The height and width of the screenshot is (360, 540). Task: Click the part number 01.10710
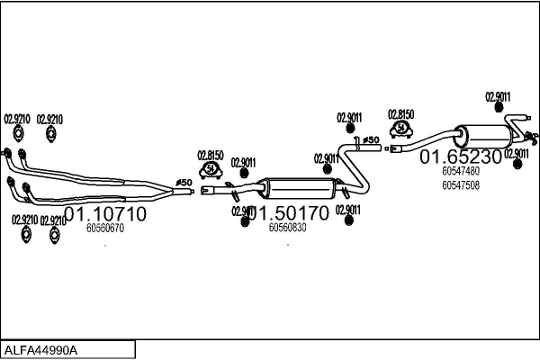pyautogui.click(x=106, y=214)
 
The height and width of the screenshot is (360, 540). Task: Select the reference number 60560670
pyautogui.click(x=104, y=229)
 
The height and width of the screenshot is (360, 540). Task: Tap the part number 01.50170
pyautogui.click(x=290, y=214)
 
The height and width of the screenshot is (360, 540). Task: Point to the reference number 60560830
pyautogui.click(x=287, y=228)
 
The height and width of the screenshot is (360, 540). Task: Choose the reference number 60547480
pyautogui.click(x=461, y=170)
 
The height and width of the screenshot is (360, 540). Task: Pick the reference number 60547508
pyautogui.click(x=461, y=185)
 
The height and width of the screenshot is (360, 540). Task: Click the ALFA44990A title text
pyautogui.click(x=41, y=349)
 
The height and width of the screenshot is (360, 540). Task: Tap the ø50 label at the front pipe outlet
pyautogui.click(x=184, y=183)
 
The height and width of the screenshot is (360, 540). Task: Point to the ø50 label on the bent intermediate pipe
pyautogui.click(x=369, y=140)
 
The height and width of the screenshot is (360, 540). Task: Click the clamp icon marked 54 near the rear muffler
pyautogui.click(x=400, y=130)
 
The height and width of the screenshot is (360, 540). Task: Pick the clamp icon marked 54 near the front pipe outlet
pyautogui.click(x=211, y=169)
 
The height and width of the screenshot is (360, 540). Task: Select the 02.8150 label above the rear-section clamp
pyautogui.click(x=400, y=114)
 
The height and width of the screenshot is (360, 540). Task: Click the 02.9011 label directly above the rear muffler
pyautogui.click(x=498, y=96)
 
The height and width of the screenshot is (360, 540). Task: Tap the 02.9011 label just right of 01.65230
pyautogui.click(x=517, y=153)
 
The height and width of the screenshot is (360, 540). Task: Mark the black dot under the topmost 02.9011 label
pyautogui.click(x=499, y=109)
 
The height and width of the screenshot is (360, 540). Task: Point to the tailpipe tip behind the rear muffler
pyautogui.click(x=534, y=138)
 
